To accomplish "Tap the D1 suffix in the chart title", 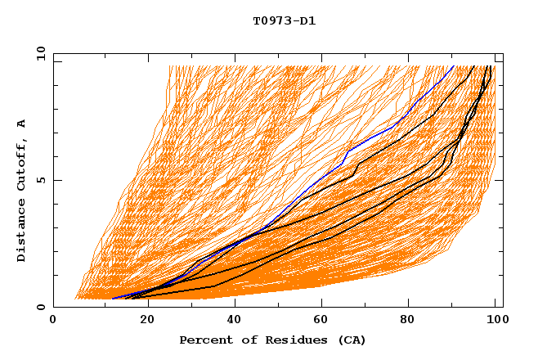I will (x=305, y=20).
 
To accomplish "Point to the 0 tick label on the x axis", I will (x=53, y=321).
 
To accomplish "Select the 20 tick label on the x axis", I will (x=143, y=321).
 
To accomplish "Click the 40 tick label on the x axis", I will (x=233, y=321).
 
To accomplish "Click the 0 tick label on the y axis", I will (x=41, y=308).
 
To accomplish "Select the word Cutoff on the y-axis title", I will (x=22, y=163).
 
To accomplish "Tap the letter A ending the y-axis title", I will (x=22, y=123).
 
